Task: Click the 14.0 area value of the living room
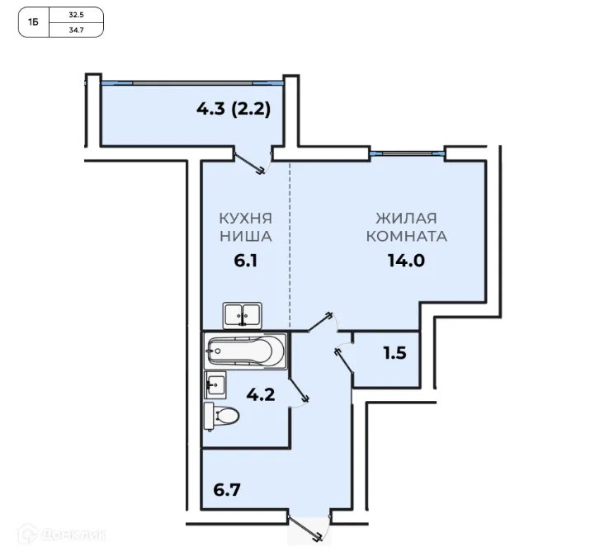point(406,261)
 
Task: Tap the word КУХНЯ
point(246,219)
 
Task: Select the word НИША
point(246,236)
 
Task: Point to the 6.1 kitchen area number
point(246,261)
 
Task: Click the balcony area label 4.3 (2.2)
point(234,109)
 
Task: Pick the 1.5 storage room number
point(394,353)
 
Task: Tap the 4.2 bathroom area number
point(261,395)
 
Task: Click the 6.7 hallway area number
point(227,490)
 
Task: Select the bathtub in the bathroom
point(245,351)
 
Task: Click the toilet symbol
point(221,417)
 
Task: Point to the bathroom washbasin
point(215,385)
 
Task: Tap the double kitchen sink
point(242,316)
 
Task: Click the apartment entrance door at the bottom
point(308,527)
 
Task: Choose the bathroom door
point(300,392)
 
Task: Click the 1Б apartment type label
point(33,22)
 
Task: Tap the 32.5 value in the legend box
point(76,15)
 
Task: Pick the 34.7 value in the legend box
point(76,30)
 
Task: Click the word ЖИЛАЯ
point(406,219)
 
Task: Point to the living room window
point(407,153)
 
